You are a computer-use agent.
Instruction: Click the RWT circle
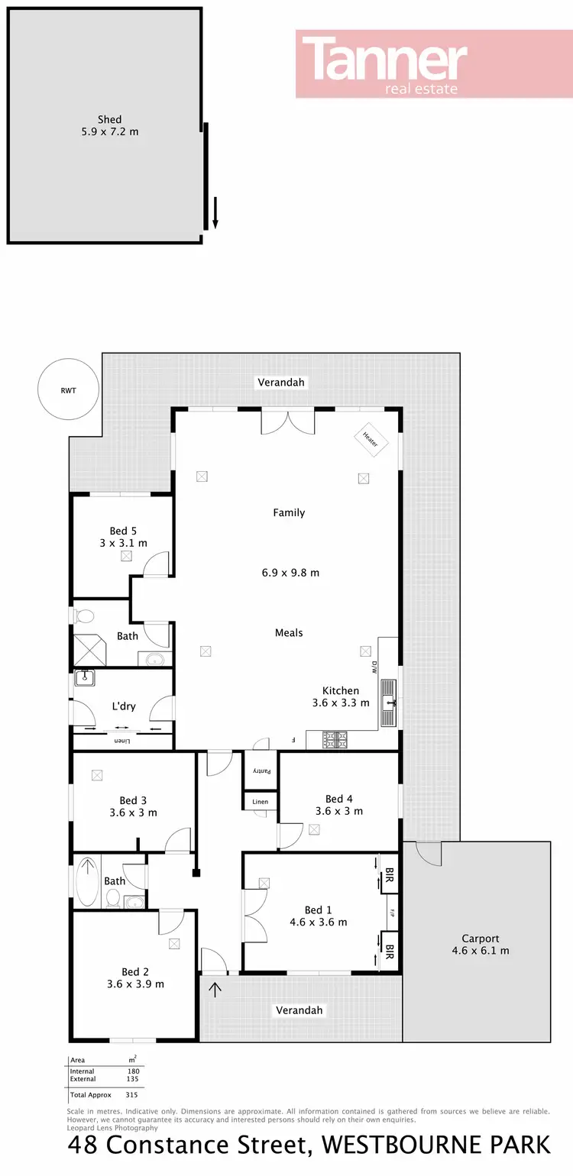click(69, 390)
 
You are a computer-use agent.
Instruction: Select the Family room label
click(289, 512)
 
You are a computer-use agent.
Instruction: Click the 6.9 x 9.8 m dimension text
click(290, 572)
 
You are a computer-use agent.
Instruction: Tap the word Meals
click(289, 632)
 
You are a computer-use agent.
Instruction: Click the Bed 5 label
click(123, 531)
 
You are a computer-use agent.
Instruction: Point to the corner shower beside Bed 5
click(90, 650)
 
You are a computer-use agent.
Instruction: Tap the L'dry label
click(124, 706)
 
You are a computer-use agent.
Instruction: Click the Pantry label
click(262, 771)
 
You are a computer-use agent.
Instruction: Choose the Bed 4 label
click(339, 799)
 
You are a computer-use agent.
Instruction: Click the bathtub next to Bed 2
click(88, 880)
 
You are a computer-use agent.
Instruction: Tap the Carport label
click(481, 939)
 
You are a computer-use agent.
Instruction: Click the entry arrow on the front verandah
click(215, 990)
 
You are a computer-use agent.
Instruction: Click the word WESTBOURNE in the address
click(400, 1145)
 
